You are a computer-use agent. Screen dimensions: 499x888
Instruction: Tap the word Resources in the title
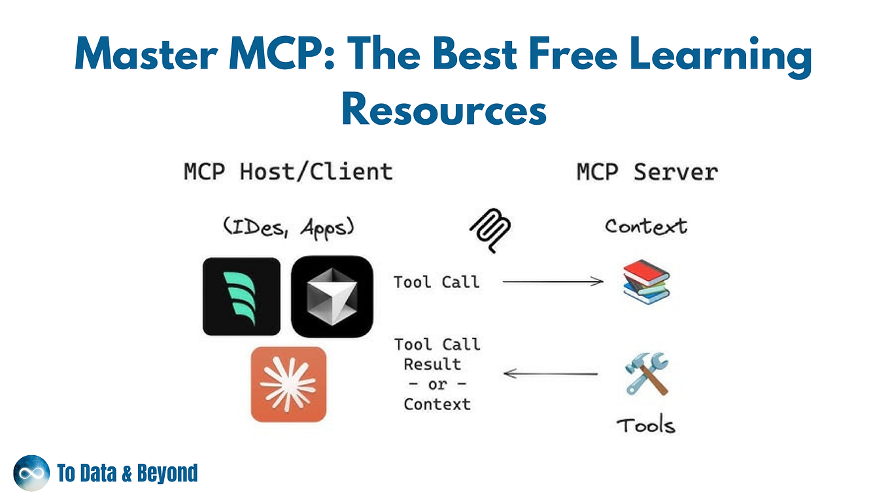[x=443, y=109]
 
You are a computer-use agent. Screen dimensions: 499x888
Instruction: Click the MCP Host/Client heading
[x=288, y=172]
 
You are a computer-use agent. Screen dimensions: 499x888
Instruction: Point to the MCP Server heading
[x=647, y=172]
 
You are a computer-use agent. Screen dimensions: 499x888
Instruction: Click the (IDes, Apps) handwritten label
[x=288, y=227]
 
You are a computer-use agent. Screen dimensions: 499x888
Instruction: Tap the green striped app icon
[x=241, y=297]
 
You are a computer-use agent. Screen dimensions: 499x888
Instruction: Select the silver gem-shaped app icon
[x=332, y=297]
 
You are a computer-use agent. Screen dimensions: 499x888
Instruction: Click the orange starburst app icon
[x=288, y=384]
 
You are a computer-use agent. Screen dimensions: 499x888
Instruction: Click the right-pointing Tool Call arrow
[x=553, y=282]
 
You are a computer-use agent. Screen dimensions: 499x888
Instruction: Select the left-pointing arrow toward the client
[x=550, y=374]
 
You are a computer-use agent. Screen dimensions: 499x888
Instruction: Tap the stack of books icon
[x=646, y=282]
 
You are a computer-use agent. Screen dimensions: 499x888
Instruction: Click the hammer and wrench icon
[x=646, y=374]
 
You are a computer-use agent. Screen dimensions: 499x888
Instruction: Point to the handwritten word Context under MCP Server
[x=645, y=227]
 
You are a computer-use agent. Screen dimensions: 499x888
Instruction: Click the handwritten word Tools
[x=645, y=425]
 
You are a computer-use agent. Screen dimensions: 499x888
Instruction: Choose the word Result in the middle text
[x=432, y=364]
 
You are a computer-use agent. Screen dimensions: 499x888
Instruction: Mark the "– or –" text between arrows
[x=437, y=384]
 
